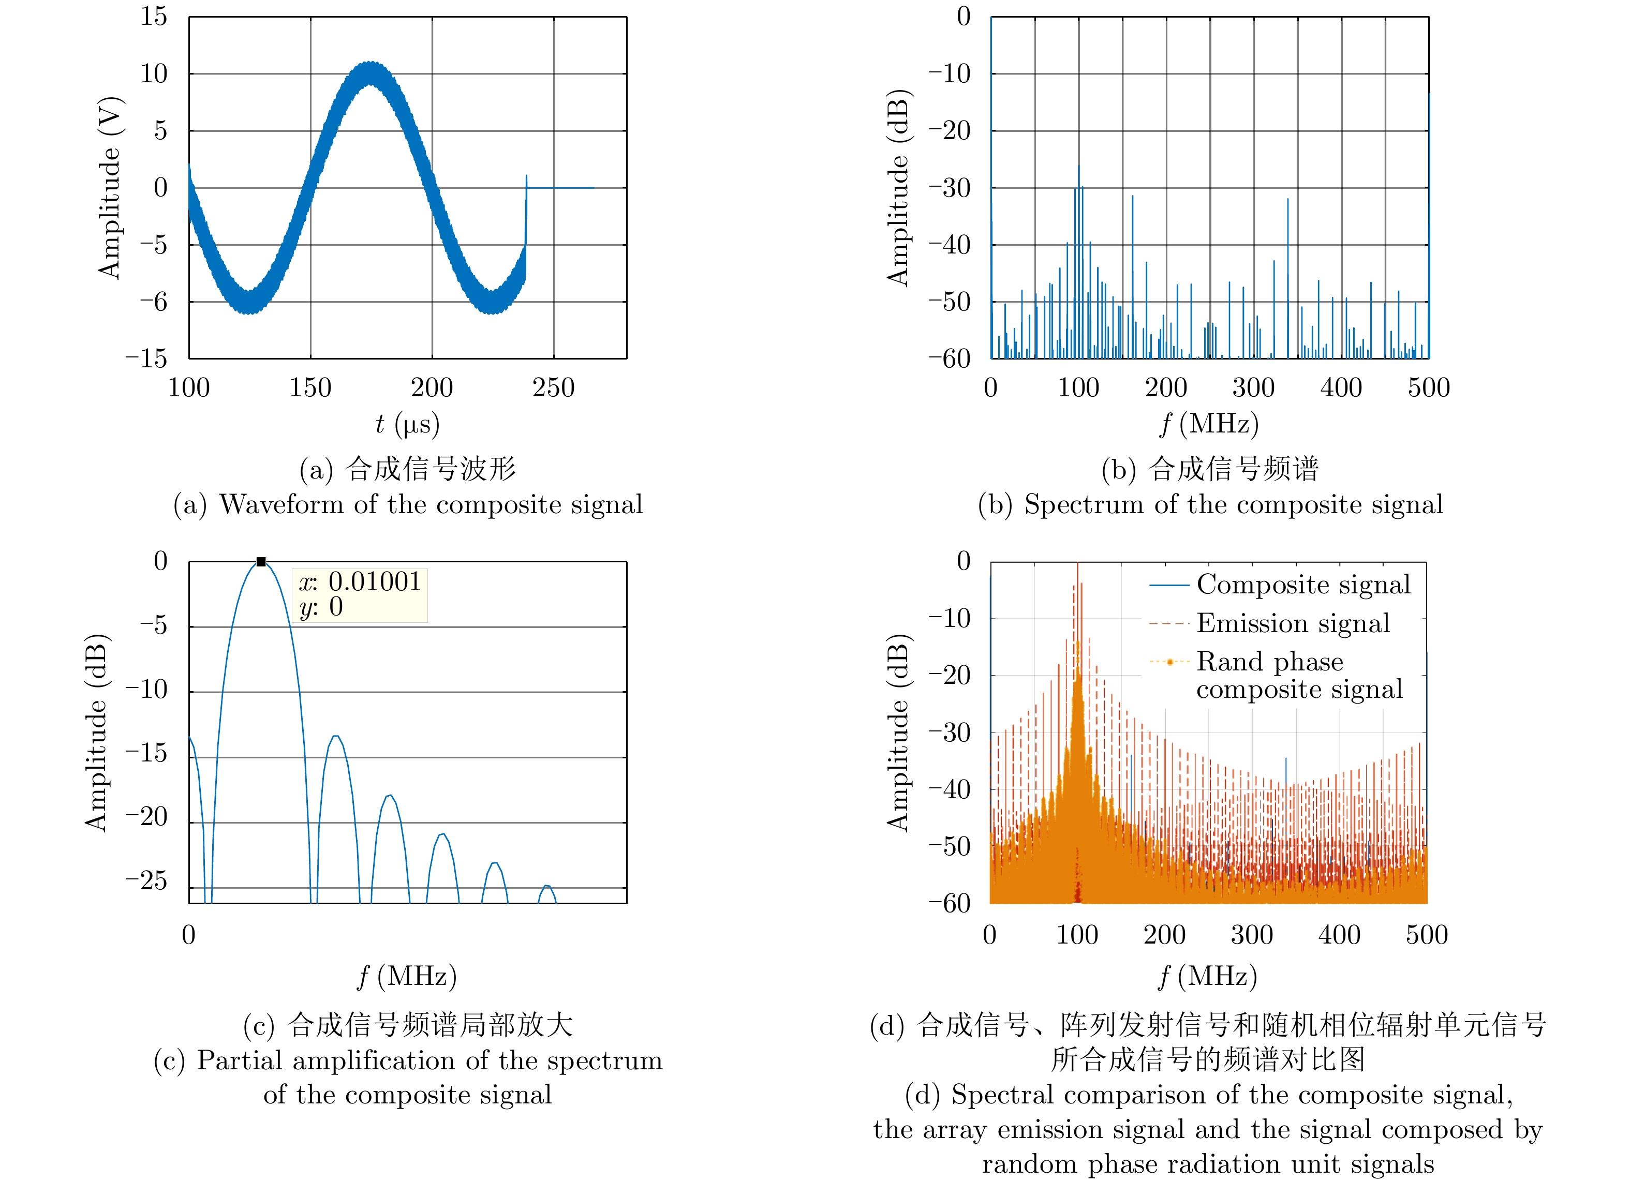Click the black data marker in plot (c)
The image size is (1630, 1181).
(261, 562)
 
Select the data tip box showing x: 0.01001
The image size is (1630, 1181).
(359, 594)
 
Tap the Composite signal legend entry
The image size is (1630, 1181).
(1279, 585)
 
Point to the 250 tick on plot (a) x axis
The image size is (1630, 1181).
(553, 388)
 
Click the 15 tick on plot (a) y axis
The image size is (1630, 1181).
(154, 16)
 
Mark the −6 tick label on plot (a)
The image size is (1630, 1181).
(153, 302)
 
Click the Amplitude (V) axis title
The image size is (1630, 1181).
(109, 187)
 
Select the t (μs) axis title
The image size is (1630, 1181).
(408, 424)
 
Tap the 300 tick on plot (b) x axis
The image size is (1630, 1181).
(1253, 388)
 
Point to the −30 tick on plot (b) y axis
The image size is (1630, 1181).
(950, 187)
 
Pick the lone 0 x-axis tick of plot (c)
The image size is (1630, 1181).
(188, 935)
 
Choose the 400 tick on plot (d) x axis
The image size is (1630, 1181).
(1340, 935)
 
